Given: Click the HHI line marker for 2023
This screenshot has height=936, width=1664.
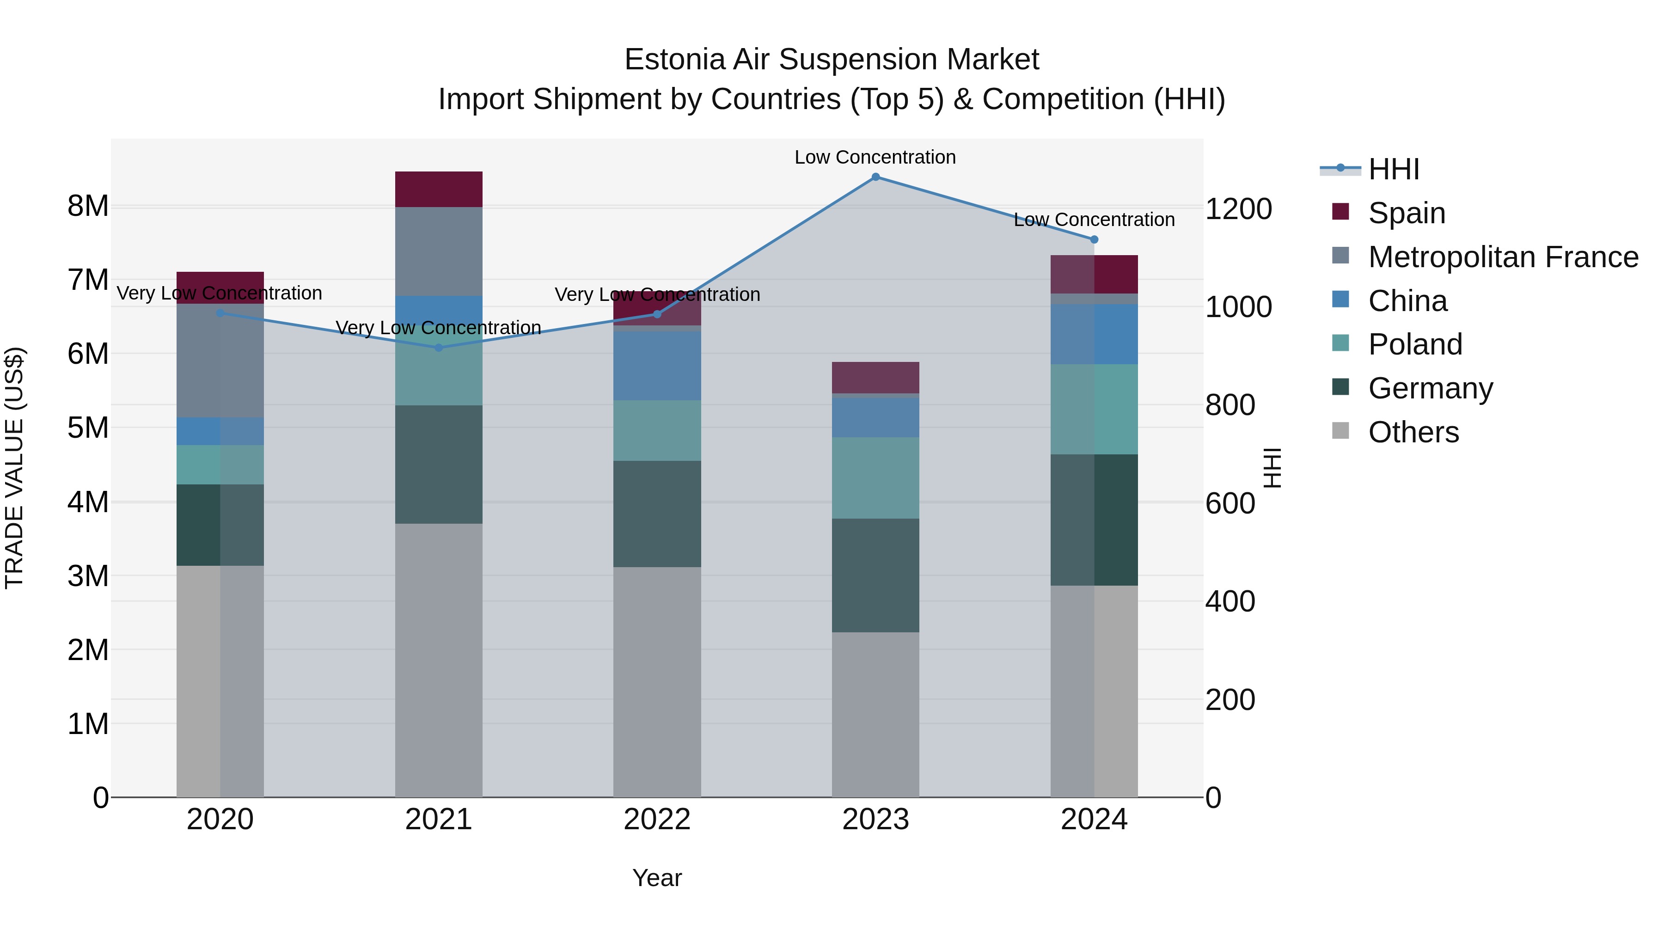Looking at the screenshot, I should [x=875, y=177].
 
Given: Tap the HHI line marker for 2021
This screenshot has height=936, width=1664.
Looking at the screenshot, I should [x=439, y=348].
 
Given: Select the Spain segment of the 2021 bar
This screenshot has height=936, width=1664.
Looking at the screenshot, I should [x=439, y=189].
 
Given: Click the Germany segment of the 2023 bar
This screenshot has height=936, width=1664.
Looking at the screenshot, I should [x=875, y=575].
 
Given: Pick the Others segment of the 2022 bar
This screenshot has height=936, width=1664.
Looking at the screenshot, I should [x=657, y=681].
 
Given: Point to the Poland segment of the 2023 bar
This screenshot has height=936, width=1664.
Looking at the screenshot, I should [x=875, y=478].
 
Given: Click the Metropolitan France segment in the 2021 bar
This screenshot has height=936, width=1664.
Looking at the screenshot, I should [x=439, y=251].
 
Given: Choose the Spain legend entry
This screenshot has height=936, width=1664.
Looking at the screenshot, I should [x=1406, y=213].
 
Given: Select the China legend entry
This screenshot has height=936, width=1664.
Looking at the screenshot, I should [x=1407, y=301].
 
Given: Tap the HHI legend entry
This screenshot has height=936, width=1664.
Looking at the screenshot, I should [x=1393, y=169].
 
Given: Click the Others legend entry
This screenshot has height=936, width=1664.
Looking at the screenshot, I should [x=1413, y=432].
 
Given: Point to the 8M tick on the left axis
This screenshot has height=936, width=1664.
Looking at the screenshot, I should [x=88, y=207].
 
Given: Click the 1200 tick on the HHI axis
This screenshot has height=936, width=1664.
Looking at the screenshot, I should [x=1238, y=209].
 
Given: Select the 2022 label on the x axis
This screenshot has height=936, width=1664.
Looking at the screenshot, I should [x=657, y=820].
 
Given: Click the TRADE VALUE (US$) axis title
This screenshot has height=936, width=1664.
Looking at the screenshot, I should [x=14, y=468].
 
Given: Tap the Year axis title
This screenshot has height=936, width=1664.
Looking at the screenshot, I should [x=657, y=878].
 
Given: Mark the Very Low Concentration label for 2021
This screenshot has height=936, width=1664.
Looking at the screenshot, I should [x=439, y=328].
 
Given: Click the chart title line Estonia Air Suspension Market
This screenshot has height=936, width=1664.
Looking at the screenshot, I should [x=832, y=60].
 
